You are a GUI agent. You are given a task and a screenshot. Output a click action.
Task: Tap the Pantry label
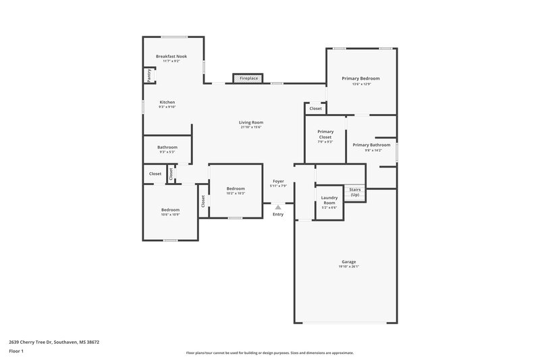(x=149, y=76)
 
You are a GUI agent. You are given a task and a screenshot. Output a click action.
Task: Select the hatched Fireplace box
(x=247, y=78)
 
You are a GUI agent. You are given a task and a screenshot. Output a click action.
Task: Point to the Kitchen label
(x=167, y=102)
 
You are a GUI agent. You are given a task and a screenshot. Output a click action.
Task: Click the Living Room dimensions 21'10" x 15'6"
(x=250, y=127)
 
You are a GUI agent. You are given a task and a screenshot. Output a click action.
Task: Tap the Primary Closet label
(x=325, y=134)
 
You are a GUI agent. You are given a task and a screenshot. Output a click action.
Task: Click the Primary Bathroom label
(x=371, y=145)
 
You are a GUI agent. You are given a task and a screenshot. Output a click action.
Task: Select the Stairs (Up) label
(x=355, y=192)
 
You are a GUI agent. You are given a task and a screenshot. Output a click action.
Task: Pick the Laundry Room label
(x=329, y=200)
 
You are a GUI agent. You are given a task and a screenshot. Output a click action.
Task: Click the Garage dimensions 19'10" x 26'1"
(x=348, y=266)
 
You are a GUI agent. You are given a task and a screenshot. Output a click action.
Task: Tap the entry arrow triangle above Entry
(x=278, y=207)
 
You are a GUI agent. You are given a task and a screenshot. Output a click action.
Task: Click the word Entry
(x=278, y=214)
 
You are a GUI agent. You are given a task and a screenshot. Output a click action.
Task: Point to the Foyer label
(x=278, y=181)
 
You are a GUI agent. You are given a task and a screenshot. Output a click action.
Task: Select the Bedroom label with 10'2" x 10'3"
(x=236, y=188)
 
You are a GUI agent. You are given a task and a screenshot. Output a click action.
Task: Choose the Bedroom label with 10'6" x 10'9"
(x=170, y=210)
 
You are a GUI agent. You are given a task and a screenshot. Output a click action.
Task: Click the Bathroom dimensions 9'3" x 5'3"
(x=167, y=152)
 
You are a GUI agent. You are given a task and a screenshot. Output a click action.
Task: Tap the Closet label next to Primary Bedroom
(x=315, y=108)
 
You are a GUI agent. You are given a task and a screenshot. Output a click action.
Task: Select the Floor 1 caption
(x=16, y=351)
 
